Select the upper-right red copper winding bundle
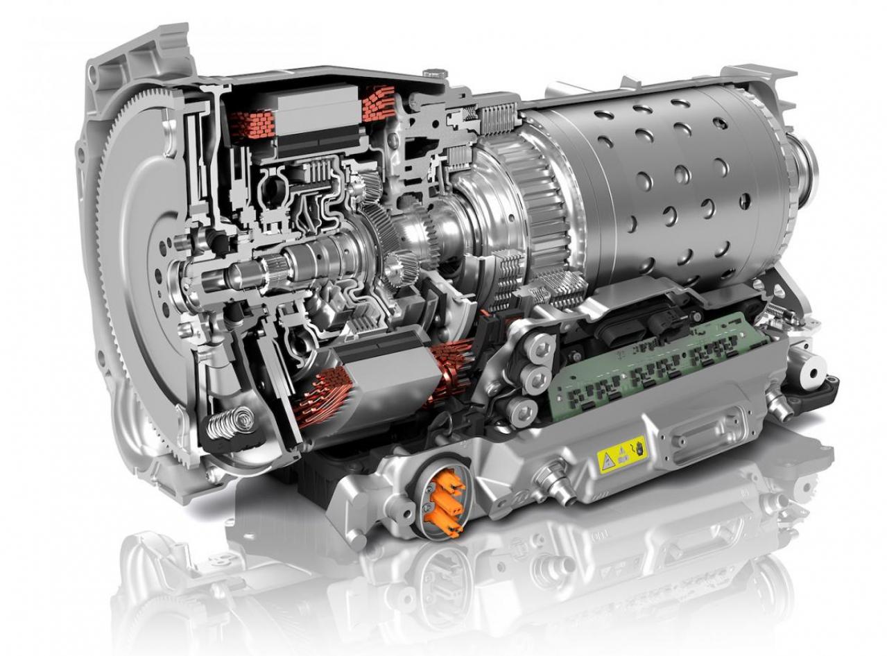pos(379,102)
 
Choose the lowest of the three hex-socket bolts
pos(522,411)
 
